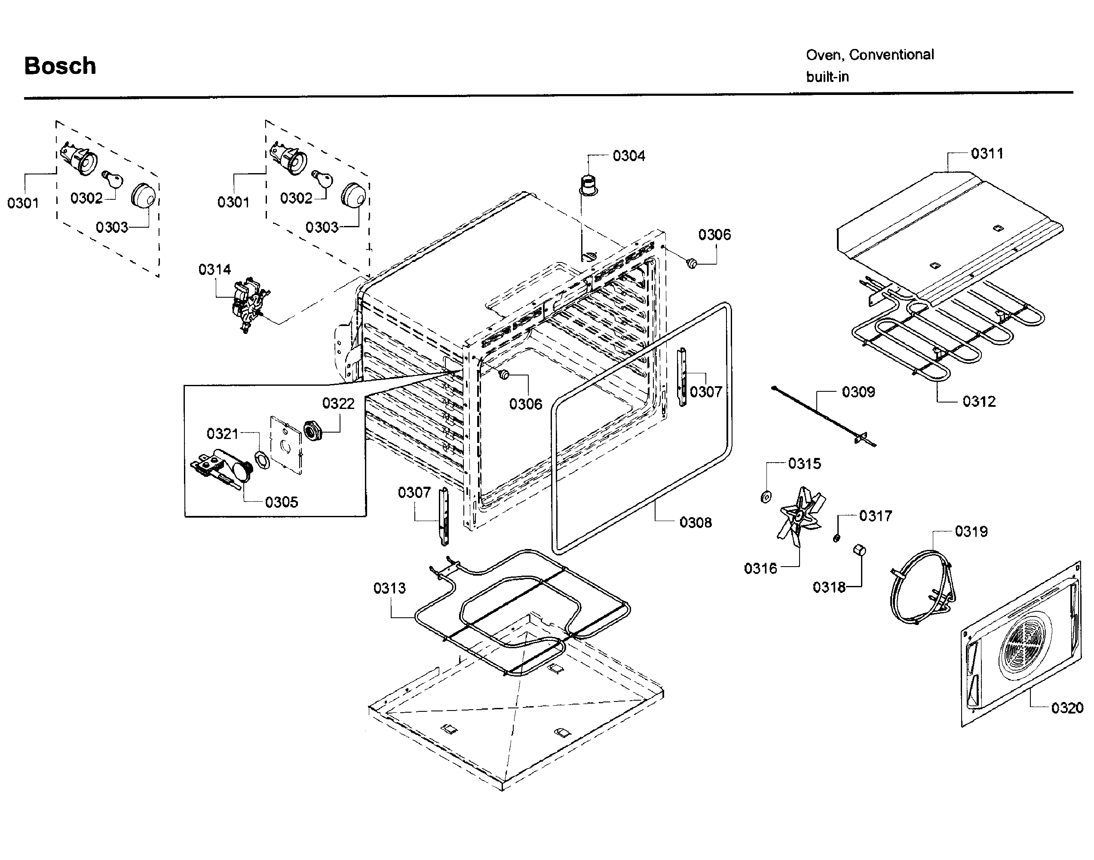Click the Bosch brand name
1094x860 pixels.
(x=60, y=66)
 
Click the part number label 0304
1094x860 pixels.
(x=628, y=156)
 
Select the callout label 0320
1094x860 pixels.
(x=1067, y=708)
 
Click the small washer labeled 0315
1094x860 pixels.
(x=765, y=497)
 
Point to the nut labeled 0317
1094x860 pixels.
(x=836, y=538)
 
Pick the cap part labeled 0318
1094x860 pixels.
(x=859, y=550)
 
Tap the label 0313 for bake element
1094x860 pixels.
(x=389, y=588)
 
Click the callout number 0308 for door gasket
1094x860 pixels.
(x=696, y=522)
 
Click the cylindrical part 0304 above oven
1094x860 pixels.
(x=587, y=184)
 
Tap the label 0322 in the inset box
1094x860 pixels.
(x=338, y=403)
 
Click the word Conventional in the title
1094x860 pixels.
(x=891, y=55)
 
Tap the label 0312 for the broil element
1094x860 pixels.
(x=979, y=401)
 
